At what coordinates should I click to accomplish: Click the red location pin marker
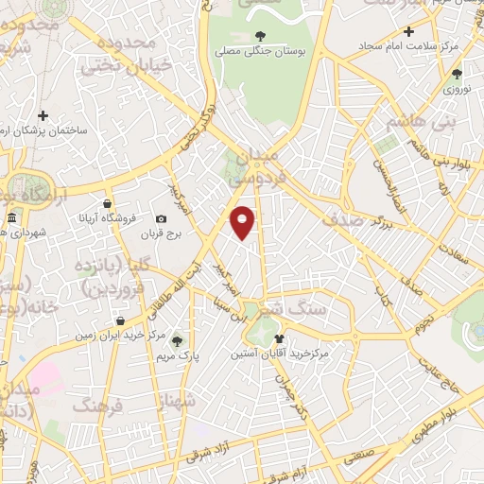[243, 221]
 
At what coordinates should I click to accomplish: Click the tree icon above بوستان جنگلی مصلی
[260, 36]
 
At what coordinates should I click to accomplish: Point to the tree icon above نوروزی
[457, 74]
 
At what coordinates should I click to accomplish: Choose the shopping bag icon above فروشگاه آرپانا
[109, 203]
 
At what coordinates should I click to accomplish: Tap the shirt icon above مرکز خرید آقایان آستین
[278, 337]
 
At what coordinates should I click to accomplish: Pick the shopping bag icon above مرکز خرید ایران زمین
[118, 319]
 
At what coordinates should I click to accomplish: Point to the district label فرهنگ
[97, 405]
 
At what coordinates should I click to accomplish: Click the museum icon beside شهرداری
[11, 219]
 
